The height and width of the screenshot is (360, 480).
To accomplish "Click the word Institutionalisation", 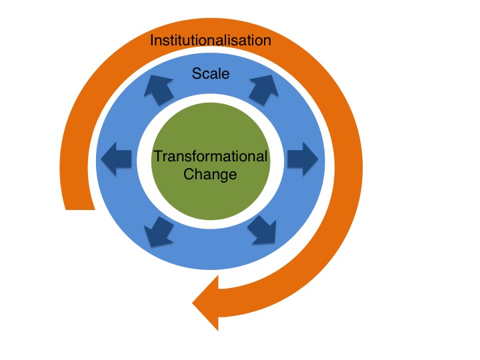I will (x=211, y=41).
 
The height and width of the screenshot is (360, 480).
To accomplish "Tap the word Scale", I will (x=211, y=73).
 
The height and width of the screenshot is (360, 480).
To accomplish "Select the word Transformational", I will (x=211, y=157).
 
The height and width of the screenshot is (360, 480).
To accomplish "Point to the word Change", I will (x=211, y=175).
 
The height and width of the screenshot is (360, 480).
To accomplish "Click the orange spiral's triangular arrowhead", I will (x=208, y=303).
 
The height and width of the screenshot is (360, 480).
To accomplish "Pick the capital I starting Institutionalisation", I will (x=152, y=41).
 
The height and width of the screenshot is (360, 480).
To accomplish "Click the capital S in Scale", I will (x=196, y=73).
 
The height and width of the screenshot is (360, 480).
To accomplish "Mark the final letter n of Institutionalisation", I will (x=267, y=41).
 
